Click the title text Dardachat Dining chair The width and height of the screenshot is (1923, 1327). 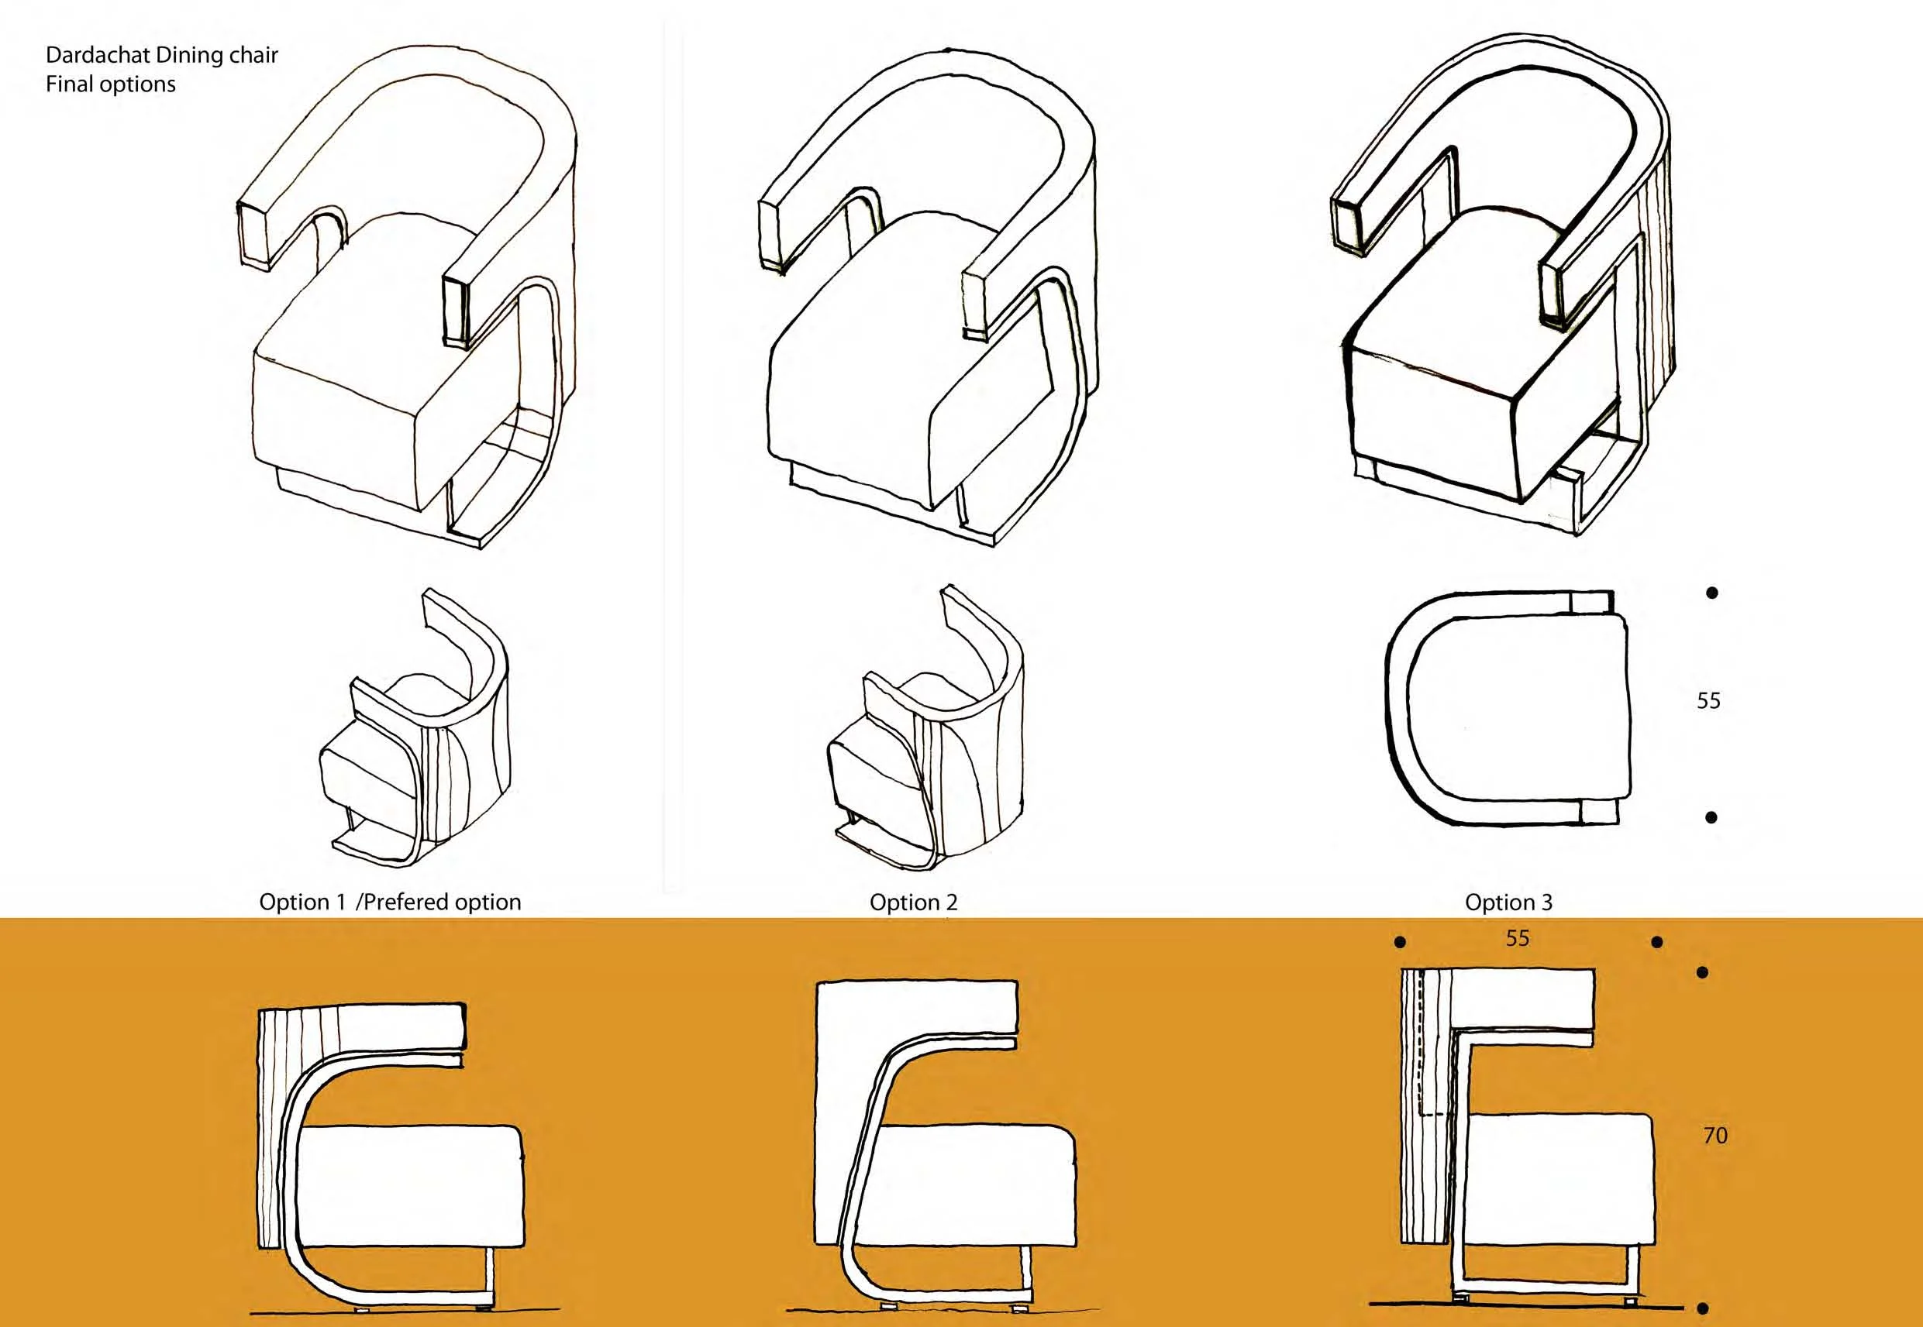click(x=161, y=55)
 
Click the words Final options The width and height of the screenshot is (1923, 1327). click(x=111, y=84)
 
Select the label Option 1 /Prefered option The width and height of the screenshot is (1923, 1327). click(x=390, y=902)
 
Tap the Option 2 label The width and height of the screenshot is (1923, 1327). click(x=913, y=902)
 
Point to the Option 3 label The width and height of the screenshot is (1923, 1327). click(x=1509, y=902)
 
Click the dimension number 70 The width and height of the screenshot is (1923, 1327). click(x=1715, y=1135)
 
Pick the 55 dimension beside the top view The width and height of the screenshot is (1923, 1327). click(x=1708, y=700)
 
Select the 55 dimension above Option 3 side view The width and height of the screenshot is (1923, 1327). click(x=1518, y=938)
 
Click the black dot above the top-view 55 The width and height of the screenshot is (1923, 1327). click(x=1711, y=593)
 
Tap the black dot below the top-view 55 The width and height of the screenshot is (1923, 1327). click(x=1711, y=817)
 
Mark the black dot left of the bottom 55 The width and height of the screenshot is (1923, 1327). click(x=1400, y=942)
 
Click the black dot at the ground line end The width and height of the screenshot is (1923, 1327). click(x=1703, y=1308)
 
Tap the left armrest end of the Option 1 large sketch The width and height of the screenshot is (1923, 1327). click(x=253, y=234)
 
